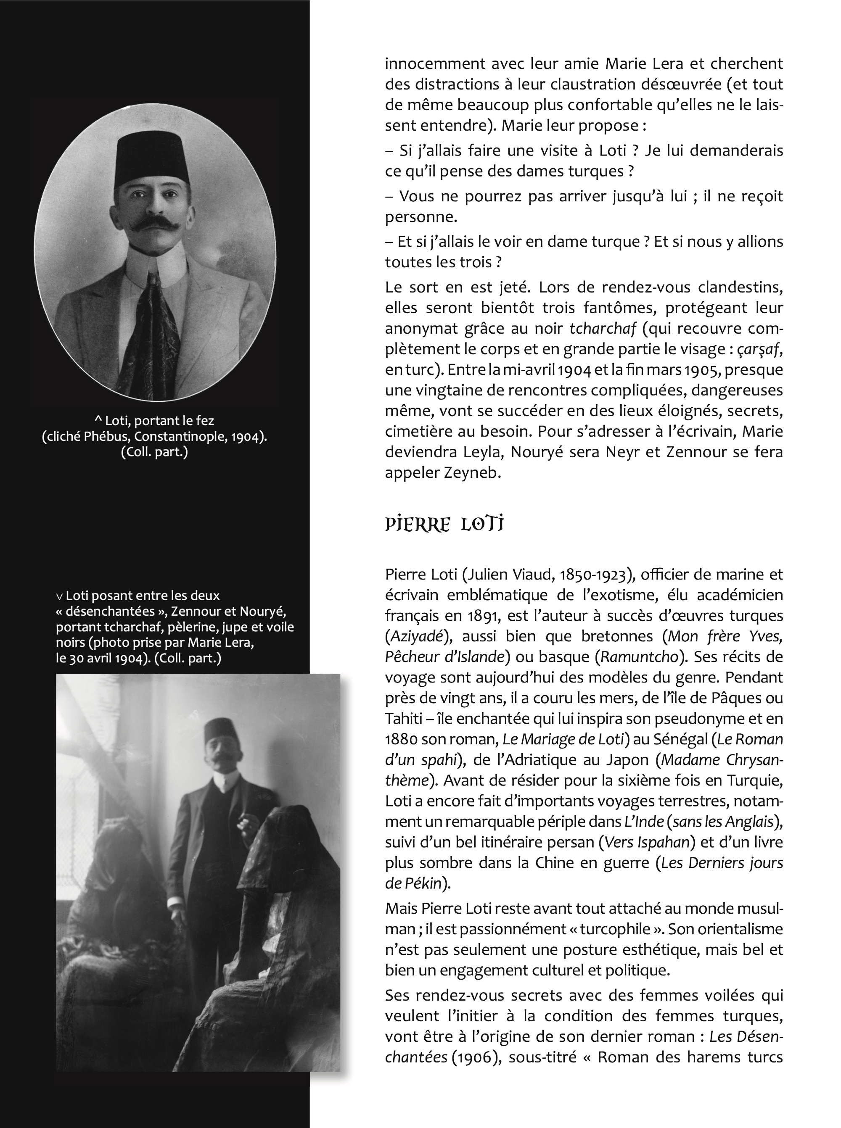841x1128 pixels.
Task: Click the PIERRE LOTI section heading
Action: coord(444,524)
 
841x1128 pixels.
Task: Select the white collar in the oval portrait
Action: coord(153,265)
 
